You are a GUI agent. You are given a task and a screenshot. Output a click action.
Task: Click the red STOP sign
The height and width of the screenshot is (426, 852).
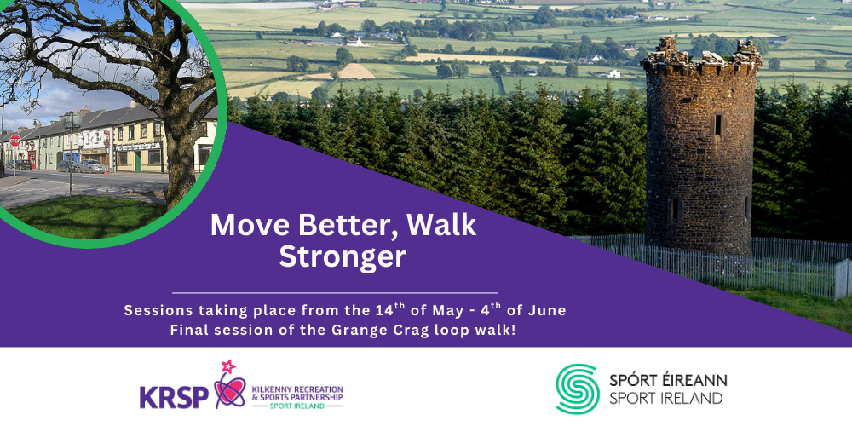[14, 141]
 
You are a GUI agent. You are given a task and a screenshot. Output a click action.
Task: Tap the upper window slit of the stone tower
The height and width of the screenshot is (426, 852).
[717, 124]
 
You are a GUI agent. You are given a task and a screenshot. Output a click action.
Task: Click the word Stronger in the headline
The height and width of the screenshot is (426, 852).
[343, 257]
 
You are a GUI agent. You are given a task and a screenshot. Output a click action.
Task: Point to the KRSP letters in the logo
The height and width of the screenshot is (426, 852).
[174, 396]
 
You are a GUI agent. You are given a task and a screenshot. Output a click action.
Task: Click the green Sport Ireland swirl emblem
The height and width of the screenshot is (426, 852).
[578, 389]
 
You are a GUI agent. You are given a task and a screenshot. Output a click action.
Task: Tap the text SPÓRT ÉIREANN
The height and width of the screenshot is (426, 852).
[668, 380]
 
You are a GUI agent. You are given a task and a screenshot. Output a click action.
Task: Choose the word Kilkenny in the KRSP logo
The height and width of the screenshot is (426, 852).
[273, 389]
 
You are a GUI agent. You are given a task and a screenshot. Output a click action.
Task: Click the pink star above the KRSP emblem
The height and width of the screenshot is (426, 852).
[227, 366]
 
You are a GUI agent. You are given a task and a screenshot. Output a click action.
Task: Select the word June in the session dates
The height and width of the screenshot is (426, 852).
[550, 311]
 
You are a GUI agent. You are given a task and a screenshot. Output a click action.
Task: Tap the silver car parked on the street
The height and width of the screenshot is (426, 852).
[92, 166]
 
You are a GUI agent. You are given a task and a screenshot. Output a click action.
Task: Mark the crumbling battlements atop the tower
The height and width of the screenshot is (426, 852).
[701, 57]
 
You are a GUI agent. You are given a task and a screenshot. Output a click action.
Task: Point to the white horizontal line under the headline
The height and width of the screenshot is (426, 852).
[335, 293]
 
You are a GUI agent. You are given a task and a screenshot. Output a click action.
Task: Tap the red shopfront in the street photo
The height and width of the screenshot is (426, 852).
[32, 158]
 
